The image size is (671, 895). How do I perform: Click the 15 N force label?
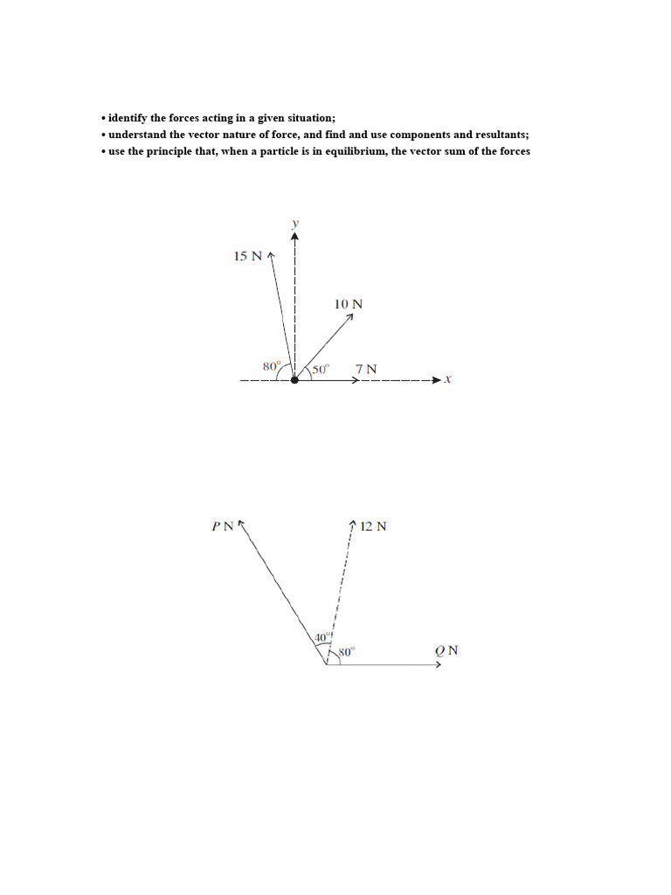click(248, 256)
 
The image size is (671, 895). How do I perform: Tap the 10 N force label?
click(349, 304)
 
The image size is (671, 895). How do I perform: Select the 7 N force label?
click(367, 369)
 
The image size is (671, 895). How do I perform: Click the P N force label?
click(223, 526)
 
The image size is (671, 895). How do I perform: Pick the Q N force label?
click(446, 650)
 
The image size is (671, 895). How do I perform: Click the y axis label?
click(295, 224)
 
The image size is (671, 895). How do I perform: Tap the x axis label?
click(446, 379)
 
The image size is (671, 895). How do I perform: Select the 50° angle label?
click(320, 369)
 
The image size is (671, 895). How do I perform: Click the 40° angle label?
click(323, 637)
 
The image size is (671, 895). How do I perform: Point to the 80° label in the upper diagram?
click(272, 365)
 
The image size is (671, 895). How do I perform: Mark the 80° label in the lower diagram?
click(347, 651)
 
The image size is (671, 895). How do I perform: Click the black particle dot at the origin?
click(294, 379)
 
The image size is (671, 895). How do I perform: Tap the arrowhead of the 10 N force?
click(349, 317)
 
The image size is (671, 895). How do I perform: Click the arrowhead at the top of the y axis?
click(295, 234)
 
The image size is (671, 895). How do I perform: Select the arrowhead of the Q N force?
click(439, 664)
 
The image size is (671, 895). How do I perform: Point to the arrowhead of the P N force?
click(241, 524)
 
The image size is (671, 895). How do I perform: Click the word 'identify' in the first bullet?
click(128, 117)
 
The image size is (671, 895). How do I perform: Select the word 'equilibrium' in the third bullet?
click(349, 151)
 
